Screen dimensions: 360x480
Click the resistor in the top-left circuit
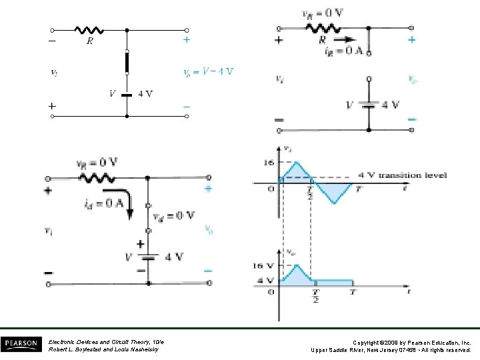click(89, 30)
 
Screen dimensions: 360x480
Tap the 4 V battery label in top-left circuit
click(145, 93)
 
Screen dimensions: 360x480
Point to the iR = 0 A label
click(343, 51)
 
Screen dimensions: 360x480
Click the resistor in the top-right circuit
click(323, 28)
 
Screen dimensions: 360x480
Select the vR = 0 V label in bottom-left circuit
click(97, 162)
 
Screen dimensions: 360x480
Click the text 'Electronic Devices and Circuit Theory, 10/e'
click(106, 341)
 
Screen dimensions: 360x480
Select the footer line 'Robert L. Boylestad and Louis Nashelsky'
click(103, 349)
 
